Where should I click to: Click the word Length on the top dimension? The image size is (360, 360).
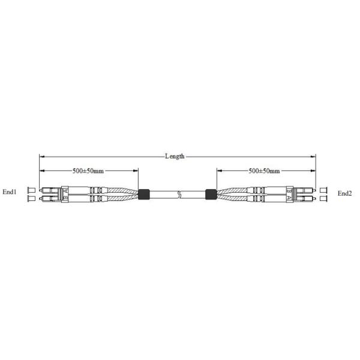175,157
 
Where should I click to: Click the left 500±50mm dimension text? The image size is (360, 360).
88,171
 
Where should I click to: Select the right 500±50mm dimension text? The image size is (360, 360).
264,171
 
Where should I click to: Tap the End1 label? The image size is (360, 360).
10,192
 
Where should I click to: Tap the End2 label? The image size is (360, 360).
344,193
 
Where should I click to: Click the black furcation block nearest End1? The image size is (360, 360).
144,194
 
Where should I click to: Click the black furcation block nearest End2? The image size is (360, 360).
211,194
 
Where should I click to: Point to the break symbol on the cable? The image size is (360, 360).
180,194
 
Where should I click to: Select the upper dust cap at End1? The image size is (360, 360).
31,190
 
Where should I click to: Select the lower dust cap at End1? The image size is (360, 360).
31,198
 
